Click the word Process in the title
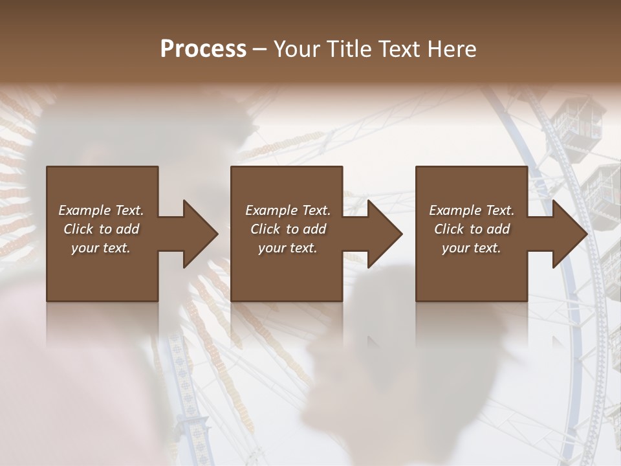(203, 49)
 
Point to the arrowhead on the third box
(569, 234)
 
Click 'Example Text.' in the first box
(101, 210)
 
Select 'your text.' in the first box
(101, 248)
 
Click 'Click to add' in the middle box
(288, 229)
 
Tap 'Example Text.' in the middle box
(288, 210)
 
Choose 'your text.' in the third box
(472, 248)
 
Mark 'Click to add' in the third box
(472, 229)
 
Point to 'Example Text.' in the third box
(472, 210)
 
